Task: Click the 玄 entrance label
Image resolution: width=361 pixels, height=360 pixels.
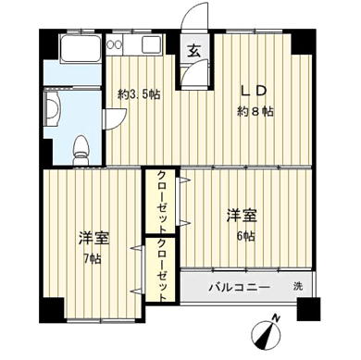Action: click(194, 51)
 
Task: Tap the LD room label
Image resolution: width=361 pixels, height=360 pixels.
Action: click(253, 91)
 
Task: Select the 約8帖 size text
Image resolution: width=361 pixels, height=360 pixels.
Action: click(255, 111)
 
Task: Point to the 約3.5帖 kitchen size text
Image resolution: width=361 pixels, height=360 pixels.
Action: click(139, 94)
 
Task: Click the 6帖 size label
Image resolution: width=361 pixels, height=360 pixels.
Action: click(246, 236)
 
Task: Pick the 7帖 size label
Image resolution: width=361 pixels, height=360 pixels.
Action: click(93, 259)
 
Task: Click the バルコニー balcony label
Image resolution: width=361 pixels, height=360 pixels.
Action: click(240, 288)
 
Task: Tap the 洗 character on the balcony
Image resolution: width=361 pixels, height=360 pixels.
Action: click(298, 287)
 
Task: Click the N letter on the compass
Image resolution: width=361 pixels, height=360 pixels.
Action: click(277, 318)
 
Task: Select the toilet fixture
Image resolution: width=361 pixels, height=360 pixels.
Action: click(81, 150)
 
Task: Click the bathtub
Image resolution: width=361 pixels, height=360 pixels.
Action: click(80, 48)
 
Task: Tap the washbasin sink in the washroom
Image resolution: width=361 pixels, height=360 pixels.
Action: click(52, 109)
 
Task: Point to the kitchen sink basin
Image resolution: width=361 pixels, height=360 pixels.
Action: click(151, 44)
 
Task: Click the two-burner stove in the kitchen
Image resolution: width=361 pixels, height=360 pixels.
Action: click(114, 44)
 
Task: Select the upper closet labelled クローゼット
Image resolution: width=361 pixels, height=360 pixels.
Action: click(161, 201)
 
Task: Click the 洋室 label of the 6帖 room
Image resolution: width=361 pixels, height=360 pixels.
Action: click(243, 216)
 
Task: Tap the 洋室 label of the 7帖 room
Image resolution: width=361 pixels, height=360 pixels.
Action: click(94, 238)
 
